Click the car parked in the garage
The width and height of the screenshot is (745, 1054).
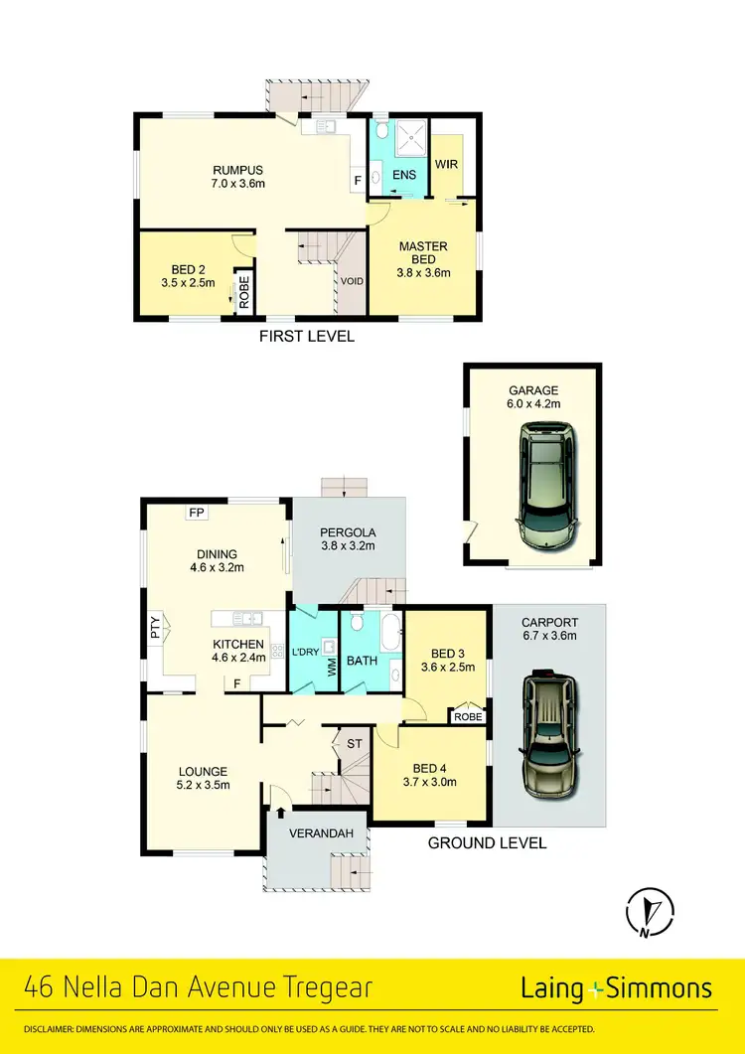pyautogui.click(x=545, y=487)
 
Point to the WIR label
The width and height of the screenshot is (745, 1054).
pyautogui.click(x=446, y=164)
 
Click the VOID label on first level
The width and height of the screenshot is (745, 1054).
pyautogui.click(x=352, y=281)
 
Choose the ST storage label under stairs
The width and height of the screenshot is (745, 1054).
pyautogui.click(x=353, y=742)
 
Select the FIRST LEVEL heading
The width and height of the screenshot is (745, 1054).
pyautogui.click(x=306, y=337)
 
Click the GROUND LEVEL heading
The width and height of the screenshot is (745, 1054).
pyautogui.click(x=486, y=843)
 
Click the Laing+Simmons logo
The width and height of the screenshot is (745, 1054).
pyautogui.click(x=616, y=988)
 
